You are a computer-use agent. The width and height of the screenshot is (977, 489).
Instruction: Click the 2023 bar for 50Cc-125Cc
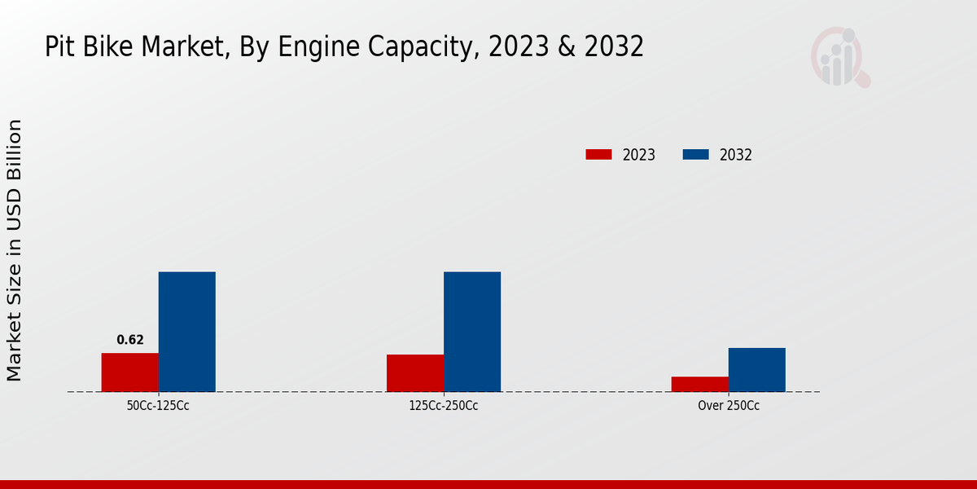pos(129,372)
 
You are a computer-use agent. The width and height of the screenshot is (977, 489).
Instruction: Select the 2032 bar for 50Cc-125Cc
pos(186,332)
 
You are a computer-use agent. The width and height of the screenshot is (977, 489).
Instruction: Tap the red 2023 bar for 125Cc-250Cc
pos(415,373)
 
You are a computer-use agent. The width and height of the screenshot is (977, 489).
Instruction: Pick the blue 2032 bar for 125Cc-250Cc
pos(472,332)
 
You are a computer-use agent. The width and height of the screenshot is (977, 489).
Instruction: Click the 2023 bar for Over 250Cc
pos(700,384)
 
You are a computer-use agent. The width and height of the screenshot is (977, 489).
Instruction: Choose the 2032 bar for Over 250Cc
pos(757,370)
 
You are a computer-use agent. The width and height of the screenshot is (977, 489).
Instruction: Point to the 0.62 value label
pos(130,340)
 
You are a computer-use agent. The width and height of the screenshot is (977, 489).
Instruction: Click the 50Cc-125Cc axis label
pos(159,405)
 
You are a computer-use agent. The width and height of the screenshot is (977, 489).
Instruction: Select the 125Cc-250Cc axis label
pos(444,405)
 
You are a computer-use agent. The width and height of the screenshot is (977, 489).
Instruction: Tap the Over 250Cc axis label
pos(729,405)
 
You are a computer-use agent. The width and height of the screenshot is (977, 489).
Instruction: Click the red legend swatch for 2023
pos(598,155)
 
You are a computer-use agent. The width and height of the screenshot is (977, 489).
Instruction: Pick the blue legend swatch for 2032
pos(695,155)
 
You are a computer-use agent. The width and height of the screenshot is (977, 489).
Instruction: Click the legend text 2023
pos(639,155)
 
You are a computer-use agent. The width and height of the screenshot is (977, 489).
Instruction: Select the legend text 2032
pos(736,155)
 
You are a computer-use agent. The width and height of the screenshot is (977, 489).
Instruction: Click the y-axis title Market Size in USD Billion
pos(15,250)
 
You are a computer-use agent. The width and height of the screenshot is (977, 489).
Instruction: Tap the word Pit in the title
pos(59,47)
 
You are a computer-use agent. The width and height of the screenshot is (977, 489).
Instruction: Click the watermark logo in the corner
pos(840,57)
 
